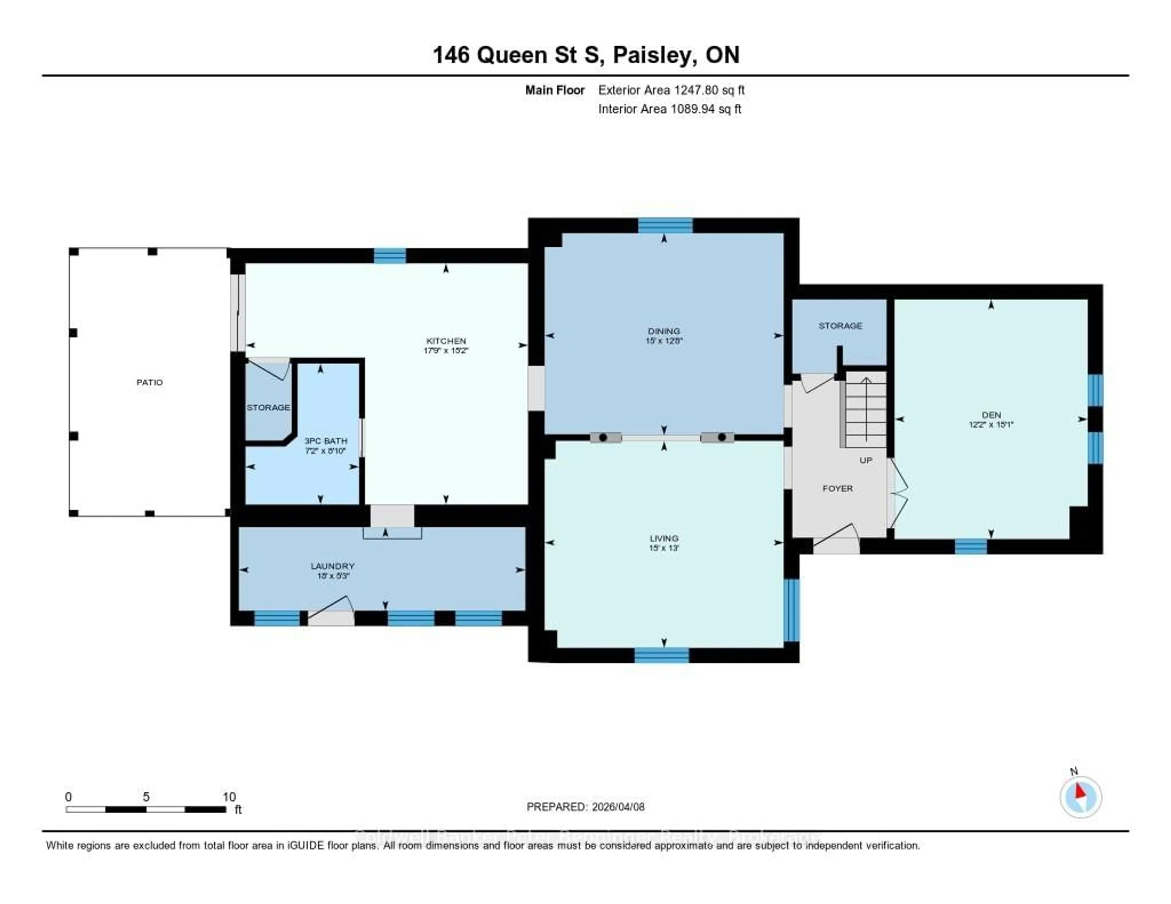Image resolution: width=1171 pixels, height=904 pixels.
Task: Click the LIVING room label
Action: (x=664, y=538)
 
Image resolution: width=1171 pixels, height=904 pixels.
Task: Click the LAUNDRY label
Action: (x=332, y=566)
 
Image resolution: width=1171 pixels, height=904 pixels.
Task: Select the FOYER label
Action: (x=837, y=488)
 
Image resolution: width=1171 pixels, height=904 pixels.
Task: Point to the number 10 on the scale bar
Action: (x=229, y=797)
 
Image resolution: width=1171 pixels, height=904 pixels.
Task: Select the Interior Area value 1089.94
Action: (x=695, y=109)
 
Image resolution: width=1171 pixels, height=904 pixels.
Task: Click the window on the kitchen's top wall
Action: (x=390, y=256)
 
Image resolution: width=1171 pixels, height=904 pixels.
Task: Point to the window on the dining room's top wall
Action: (x=665, y=226)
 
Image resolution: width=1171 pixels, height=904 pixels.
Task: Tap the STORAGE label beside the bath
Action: (x=268, y=407)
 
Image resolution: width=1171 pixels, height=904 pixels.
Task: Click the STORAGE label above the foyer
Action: (x=840, y=325)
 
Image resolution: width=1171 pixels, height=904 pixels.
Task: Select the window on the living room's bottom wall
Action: (x=662, y=655)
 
